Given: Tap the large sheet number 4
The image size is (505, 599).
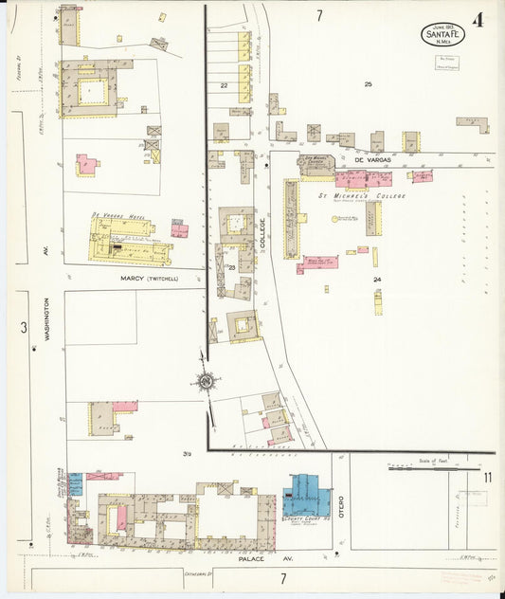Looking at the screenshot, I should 478,20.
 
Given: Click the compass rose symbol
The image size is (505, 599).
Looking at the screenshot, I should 206,382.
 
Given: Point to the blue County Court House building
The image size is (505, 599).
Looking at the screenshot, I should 305,494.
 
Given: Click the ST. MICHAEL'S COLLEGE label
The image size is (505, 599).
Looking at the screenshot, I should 361,195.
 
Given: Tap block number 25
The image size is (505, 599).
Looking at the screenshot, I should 368,85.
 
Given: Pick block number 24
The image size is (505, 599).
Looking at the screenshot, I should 377,280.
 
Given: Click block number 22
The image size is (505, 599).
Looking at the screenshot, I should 225,86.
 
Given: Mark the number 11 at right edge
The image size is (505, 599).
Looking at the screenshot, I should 487,477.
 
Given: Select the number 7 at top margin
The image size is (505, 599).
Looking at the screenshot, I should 319,15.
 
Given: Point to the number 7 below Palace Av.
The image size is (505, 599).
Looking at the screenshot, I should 282,578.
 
